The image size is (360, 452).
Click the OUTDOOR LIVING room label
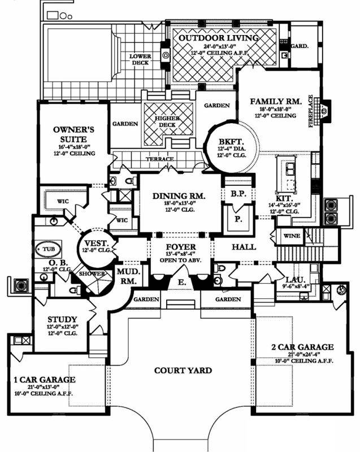pos(218,38)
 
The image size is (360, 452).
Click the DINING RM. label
pos(179,196)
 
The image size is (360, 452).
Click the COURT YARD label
pos(183,371)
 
